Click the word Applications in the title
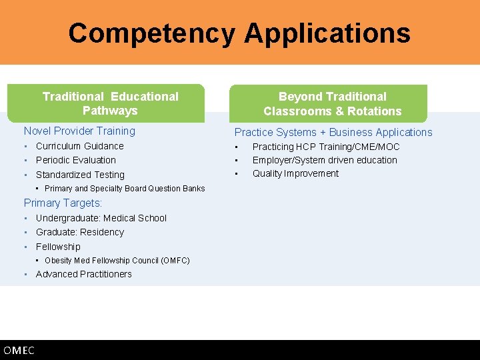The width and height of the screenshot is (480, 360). click(327, 33)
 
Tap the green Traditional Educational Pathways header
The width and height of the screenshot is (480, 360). click(110, 103)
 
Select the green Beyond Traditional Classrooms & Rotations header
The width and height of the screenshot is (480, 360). click(332, 104)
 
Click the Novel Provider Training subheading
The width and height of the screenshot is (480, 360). click(79, 131)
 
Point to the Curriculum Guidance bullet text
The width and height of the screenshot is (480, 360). click(79, 146)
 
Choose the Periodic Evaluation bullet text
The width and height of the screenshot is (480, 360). click(75, 160)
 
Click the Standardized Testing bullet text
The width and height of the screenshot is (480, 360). click(80, 175)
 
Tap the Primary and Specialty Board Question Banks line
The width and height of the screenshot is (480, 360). click(125, 189)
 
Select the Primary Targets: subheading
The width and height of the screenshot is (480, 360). click(63, 203)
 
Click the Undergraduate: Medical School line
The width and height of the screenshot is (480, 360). click(101, 218)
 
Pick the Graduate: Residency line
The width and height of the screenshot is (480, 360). click(79, 232)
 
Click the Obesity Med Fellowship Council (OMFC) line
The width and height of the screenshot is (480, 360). click(117, 261)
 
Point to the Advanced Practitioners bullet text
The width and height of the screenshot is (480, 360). click(83, 274)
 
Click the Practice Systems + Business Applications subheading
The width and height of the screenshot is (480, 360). click(333, 132)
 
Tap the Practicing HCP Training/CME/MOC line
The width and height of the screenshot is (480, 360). click(325, 147)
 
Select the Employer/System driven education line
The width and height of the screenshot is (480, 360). click(324, 160)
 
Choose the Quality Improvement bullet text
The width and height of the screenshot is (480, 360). click(295, 173)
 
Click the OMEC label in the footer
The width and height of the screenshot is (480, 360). click(19, 351)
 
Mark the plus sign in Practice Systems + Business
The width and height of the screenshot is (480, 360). click(321, 133)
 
